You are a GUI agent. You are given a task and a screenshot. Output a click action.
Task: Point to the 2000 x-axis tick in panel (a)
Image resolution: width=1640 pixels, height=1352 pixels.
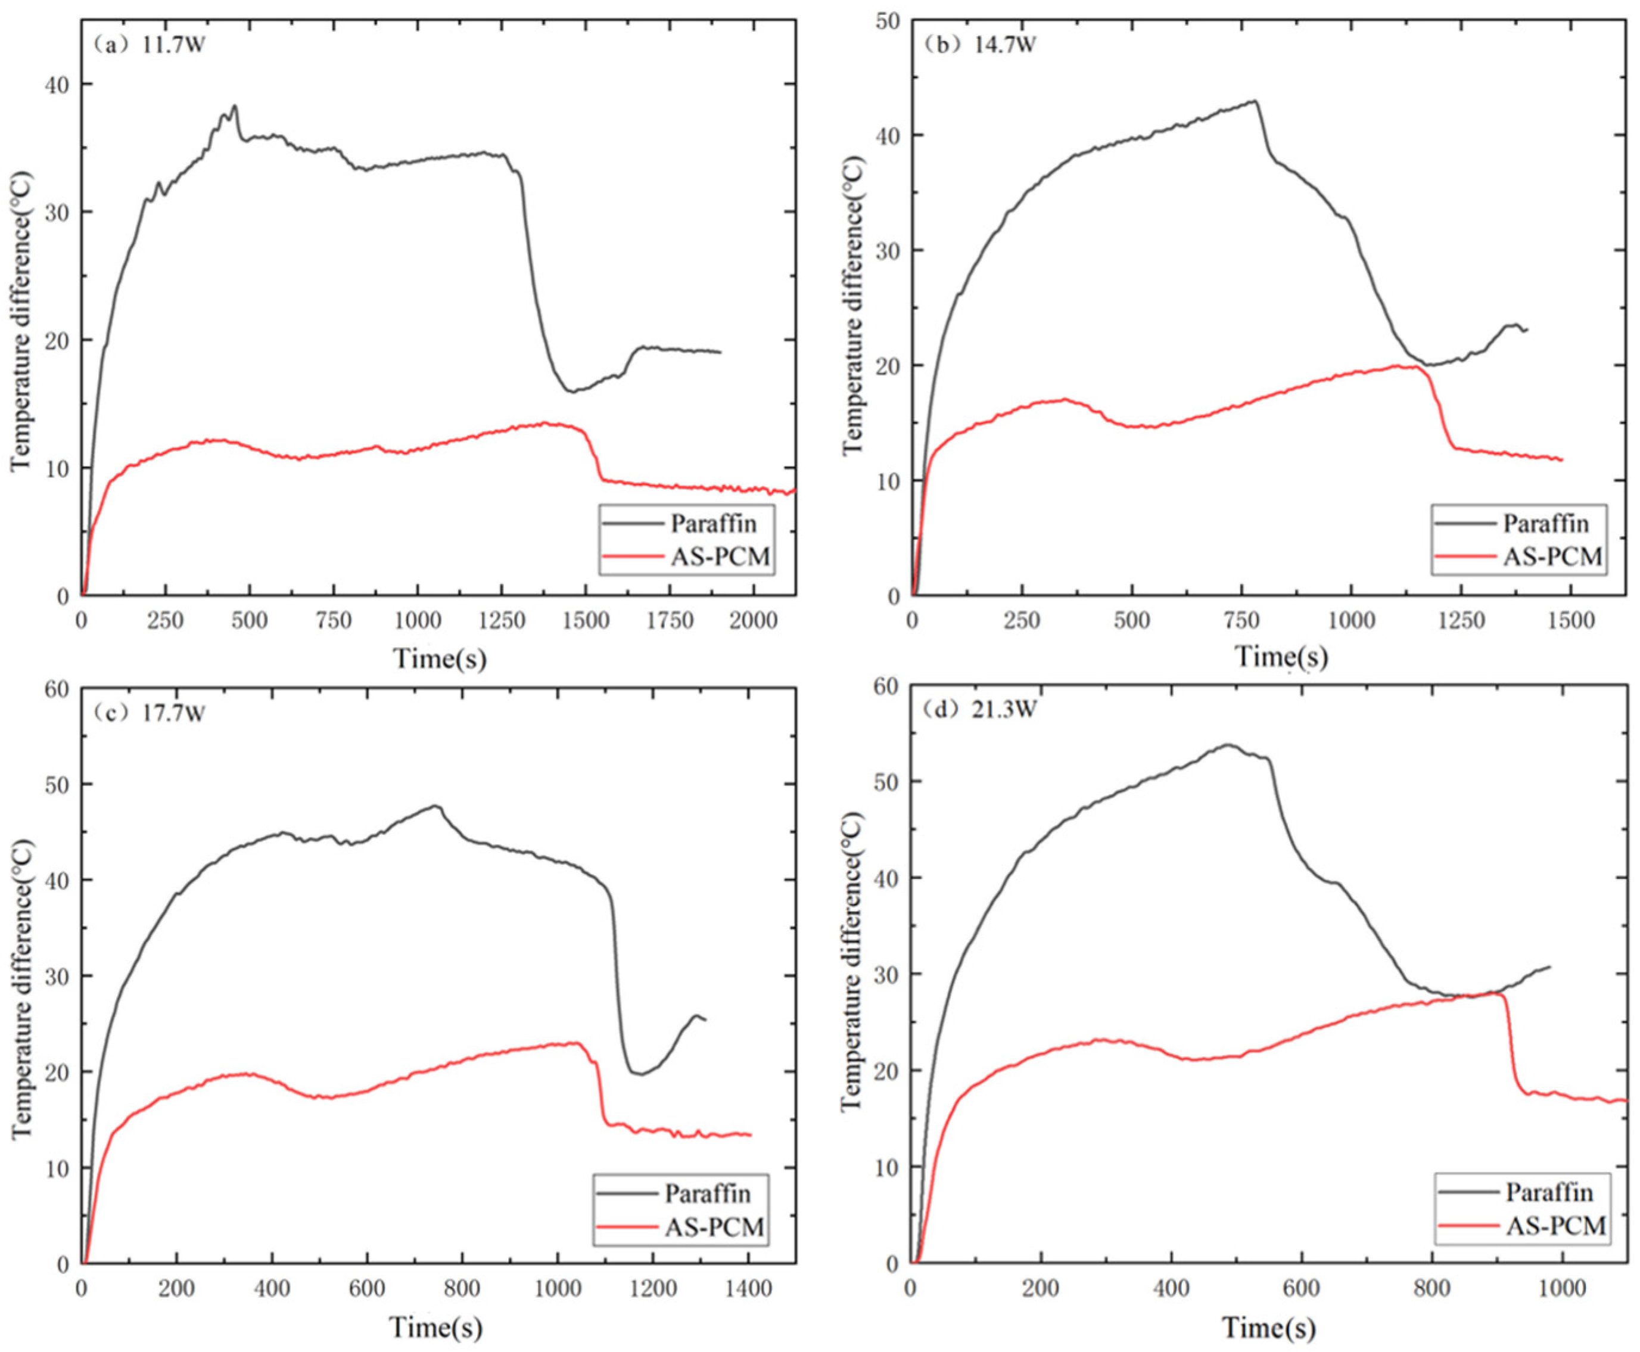[752, 621]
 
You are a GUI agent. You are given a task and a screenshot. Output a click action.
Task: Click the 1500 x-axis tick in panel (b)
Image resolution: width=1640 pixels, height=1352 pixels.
[1569, 621]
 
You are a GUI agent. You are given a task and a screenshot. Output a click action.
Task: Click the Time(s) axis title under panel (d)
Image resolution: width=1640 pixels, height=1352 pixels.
[1268, 1328]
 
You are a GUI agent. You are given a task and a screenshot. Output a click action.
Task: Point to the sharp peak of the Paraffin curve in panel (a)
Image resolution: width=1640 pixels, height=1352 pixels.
[234, 107]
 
